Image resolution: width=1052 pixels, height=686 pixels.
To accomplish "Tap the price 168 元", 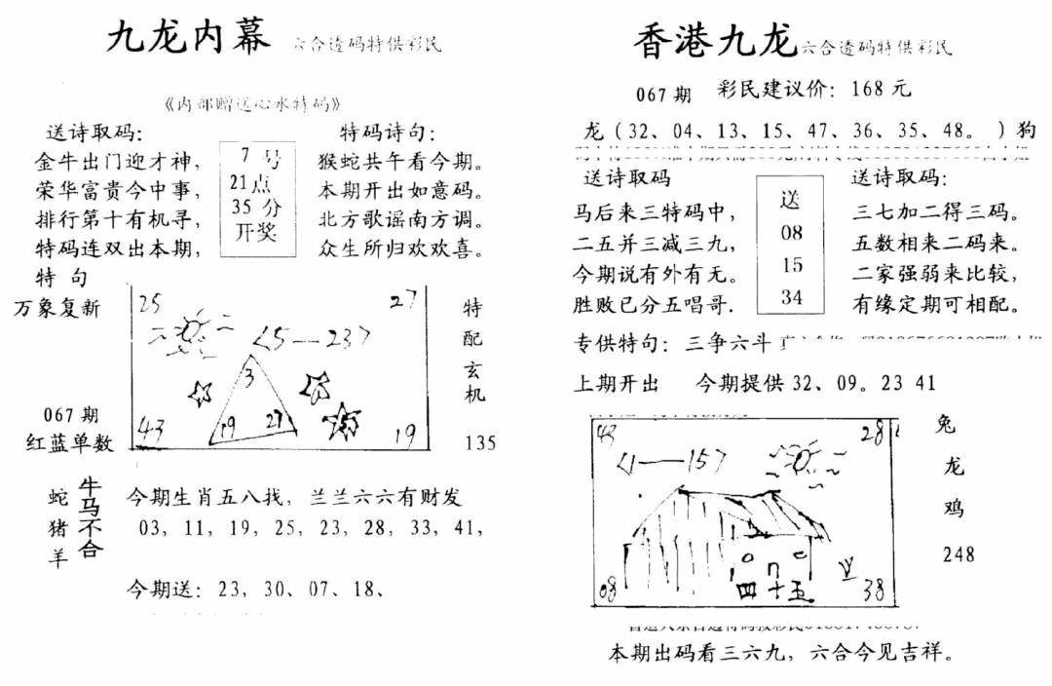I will [x=880, y=90].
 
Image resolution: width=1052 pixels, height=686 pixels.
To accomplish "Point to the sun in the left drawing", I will [x=191, y=331].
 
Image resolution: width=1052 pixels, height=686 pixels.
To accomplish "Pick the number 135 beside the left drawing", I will [x=480, y=442].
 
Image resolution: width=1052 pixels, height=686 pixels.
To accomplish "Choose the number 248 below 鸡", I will [x=958, y=554].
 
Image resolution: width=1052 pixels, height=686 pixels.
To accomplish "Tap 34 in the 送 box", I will [x=791, y=298].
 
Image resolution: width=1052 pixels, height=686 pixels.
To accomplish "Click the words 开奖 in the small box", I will [x=256, y=232].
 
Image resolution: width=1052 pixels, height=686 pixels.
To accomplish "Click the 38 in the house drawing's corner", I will [x=873, y=588].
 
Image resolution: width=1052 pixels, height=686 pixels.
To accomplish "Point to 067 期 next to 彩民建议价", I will [x=663, y=95].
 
